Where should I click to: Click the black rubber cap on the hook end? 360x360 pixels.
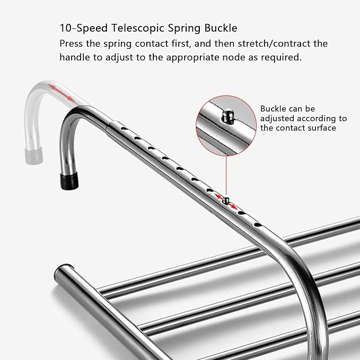pos(69,180)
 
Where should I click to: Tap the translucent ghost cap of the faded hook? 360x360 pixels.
pos(33,155)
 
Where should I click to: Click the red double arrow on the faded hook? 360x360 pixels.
pos(61,93)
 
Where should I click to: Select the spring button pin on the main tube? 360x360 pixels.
pos(226,200)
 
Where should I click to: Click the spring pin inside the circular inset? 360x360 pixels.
pos(227,117)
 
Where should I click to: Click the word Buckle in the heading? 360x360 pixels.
pos(221,28)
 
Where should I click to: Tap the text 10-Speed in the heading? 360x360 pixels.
pos(84,29)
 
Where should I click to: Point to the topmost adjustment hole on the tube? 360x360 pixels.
pos(124,128)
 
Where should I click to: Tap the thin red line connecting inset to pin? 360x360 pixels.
pos(226,177)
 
